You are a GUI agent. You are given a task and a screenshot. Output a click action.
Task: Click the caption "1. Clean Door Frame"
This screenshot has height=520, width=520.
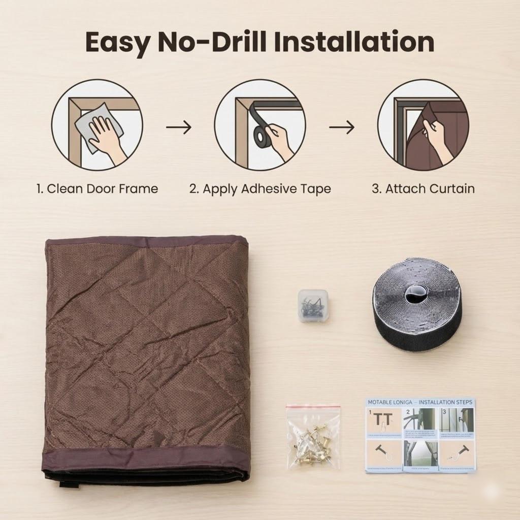click(x=97, y=189)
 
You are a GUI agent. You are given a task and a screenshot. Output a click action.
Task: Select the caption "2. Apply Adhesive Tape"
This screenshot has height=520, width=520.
click(x=260, y=189)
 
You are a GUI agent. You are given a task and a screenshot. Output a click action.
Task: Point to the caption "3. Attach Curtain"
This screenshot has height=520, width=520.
click(x=423, y=189)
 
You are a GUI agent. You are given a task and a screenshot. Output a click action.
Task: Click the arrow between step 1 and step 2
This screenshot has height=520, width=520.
click(x=179, y=127)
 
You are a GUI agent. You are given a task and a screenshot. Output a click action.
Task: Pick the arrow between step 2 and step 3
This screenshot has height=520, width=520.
click(x=342, y=127)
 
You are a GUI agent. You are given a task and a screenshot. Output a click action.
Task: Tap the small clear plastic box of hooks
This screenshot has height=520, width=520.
click(x=312, y=305)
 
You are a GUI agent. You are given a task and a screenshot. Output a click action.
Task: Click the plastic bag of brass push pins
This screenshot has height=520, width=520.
click(x=312, y=437)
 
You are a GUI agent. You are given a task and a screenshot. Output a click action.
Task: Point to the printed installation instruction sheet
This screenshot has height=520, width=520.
click(x=420, y=435)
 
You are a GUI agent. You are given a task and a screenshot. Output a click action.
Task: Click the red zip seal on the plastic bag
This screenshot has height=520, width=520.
click(x=312, y=406)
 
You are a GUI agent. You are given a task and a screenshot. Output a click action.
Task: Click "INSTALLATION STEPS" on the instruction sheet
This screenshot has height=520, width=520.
click(x=446, y=402)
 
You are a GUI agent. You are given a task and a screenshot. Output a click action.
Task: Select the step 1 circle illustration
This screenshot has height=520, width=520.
click(x=97, y=124)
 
